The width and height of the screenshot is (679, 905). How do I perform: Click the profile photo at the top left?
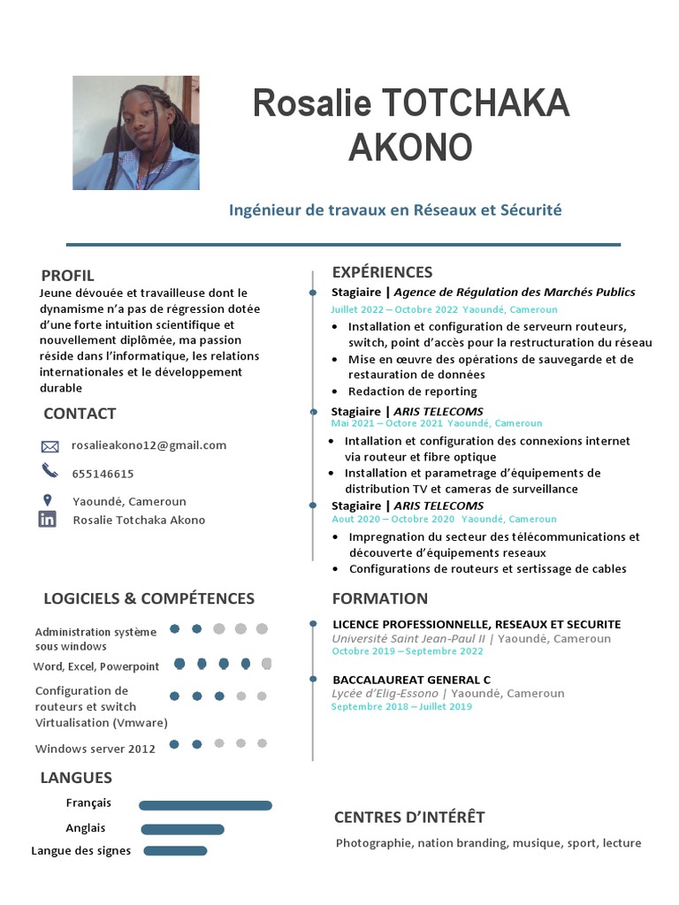pos(135,133)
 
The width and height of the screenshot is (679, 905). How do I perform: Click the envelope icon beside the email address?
pos(50,446)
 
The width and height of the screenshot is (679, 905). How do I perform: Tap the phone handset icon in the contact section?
pos(49,470)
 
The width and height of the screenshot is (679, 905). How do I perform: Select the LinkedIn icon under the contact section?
pos(48,520)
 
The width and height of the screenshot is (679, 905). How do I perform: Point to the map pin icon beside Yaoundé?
pos(48,500)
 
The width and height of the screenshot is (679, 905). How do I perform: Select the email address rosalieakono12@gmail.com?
pos(149,445)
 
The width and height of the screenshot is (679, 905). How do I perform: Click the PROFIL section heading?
pos(67,276)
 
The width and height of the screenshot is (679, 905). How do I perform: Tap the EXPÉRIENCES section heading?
pos(382,272)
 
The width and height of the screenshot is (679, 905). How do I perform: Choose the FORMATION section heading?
pos(379,598)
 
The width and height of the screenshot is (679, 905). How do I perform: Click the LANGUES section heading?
pos(76,778)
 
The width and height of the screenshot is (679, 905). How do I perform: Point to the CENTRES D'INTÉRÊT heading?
pos(409,817)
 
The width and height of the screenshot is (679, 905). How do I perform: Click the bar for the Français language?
pos(205,805)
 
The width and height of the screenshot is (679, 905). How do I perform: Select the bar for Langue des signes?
pos(175,851)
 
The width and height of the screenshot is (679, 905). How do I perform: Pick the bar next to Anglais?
pos(182,829)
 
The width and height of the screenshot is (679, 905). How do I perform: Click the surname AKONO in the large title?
pos(410,148)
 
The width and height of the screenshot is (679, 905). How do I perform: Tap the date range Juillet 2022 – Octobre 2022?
pos(394,310)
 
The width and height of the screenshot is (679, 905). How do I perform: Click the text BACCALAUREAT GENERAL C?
pos(411,680)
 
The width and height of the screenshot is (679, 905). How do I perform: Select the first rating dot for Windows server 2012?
pos(175,744)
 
